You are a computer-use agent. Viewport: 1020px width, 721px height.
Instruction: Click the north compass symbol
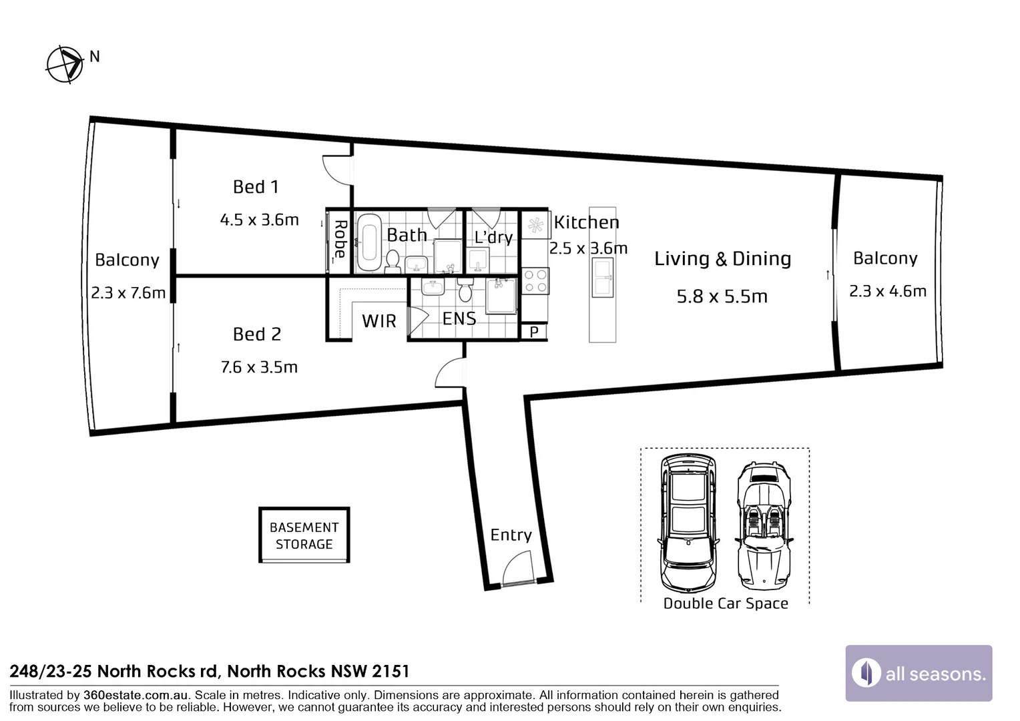click(x=65, y=65)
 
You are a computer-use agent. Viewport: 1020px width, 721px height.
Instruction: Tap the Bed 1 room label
click(x=256, y=187)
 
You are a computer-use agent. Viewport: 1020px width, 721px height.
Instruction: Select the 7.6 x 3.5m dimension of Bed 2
click(x=259, y=367)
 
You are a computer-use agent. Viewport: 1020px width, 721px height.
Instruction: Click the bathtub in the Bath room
click(x=369, y=242)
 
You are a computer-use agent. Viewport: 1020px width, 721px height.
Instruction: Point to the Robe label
click(x=340, y=238)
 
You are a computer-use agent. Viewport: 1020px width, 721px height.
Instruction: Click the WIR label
click(x=379, y=321)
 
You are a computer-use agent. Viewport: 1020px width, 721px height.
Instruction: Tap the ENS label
click(x=459, y=318)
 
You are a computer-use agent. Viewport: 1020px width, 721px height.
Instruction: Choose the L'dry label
click(x=493, y=237)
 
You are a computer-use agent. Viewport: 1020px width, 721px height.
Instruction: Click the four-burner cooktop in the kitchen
click(x=535, y=281)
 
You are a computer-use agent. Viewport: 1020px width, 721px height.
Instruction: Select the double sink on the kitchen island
click(x=602, y=277)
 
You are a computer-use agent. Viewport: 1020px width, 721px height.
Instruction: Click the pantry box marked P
click(x=533, y=332)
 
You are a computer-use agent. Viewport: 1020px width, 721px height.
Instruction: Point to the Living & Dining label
click(x=723, y=259)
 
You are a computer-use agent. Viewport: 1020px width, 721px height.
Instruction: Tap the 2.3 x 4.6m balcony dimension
click(x=887, y=290)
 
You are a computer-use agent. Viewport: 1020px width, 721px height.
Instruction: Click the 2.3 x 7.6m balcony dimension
click(x=128, y=292)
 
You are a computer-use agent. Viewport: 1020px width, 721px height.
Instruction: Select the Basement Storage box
click(x=304, y=535)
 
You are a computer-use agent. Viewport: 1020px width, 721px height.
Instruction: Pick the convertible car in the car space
click(x=764, y=525)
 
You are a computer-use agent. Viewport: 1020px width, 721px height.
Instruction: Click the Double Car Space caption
click(x=726, y=603)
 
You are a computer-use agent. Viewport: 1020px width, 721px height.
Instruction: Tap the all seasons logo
click(x=919, y=673)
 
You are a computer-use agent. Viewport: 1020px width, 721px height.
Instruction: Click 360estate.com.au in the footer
click(x=136, y=695)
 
